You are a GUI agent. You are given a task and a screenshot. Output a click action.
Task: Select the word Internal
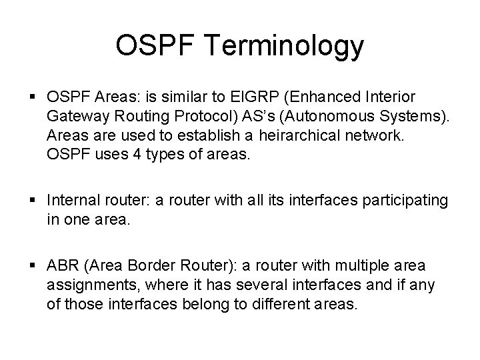[72, 201]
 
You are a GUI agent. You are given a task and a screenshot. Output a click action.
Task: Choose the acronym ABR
[63, 266]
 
